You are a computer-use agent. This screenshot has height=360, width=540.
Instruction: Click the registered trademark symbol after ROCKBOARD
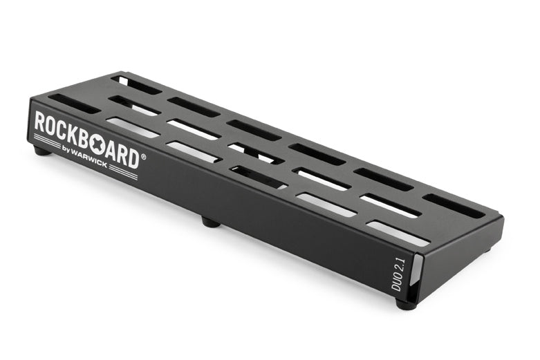click(144, 157)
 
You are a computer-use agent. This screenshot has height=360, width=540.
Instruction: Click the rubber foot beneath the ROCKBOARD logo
click(42, 150)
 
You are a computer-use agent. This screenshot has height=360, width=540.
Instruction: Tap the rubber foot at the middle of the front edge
click(210, 222)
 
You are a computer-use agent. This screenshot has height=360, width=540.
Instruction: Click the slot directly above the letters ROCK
click(74, 104)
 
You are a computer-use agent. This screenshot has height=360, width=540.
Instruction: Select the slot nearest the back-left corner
click(136, 84)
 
